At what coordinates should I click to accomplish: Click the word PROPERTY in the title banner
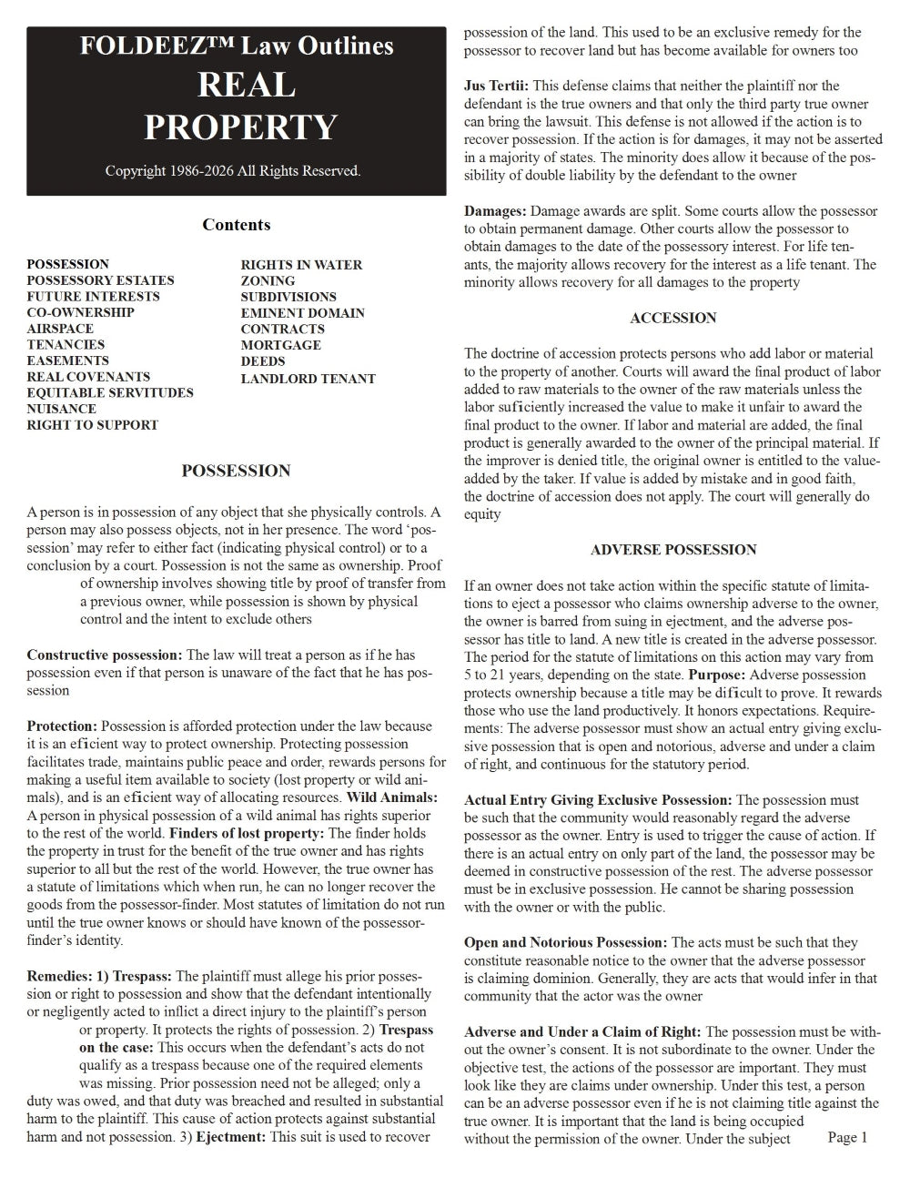[240, 127]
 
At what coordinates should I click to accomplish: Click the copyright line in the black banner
[233, 170]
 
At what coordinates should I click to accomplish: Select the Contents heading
[236, 225]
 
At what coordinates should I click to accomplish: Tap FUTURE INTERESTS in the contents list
[93, 296]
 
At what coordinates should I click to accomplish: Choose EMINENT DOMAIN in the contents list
[302, 312]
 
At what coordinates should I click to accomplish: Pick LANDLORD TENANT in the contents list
[308, 378]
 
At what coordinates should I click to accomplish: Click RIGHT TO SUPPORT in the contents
[92, 424]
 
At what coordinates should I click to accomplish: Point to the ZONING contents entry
[268, 280]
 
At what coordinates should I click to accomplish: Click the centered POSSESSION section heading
[236, 471]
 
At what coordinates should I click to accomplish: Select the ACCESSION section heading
[672, 318]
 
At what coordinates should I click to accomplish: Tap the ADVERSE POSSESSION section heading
[672, 550]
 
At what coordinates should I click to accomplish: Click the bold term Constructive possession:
[105, 655]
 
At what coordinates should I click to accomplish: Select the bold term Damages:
[495, 211]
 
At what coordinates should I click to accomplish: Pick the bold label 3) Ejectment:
[231, 1136]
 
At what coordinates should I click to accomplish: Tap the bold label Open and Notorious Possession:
[565, 942]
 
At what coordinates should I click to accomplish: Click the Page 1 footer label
[847, 1137]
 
